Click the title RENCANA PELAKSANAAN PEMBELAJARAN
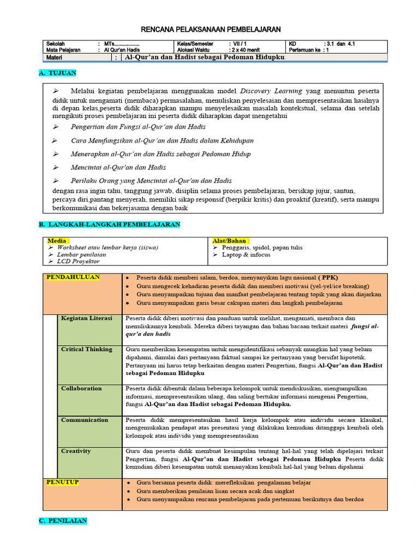pos(211,29)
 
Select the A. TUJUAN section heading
pos(58,73)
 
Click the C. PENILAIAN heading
pos(63,521)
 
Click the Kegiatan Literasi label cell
pos(86,318)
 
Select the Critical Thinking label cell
pos(86,349)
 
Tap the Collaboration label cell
pos(81,389)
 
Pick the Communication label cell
pos(85,420)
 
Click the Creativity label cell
pos(76,451)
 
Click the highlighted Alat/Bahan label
pos(231,240)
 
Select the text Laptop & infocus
pos(246,255)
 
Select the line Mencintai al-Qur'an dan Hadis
pos(118,168)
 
